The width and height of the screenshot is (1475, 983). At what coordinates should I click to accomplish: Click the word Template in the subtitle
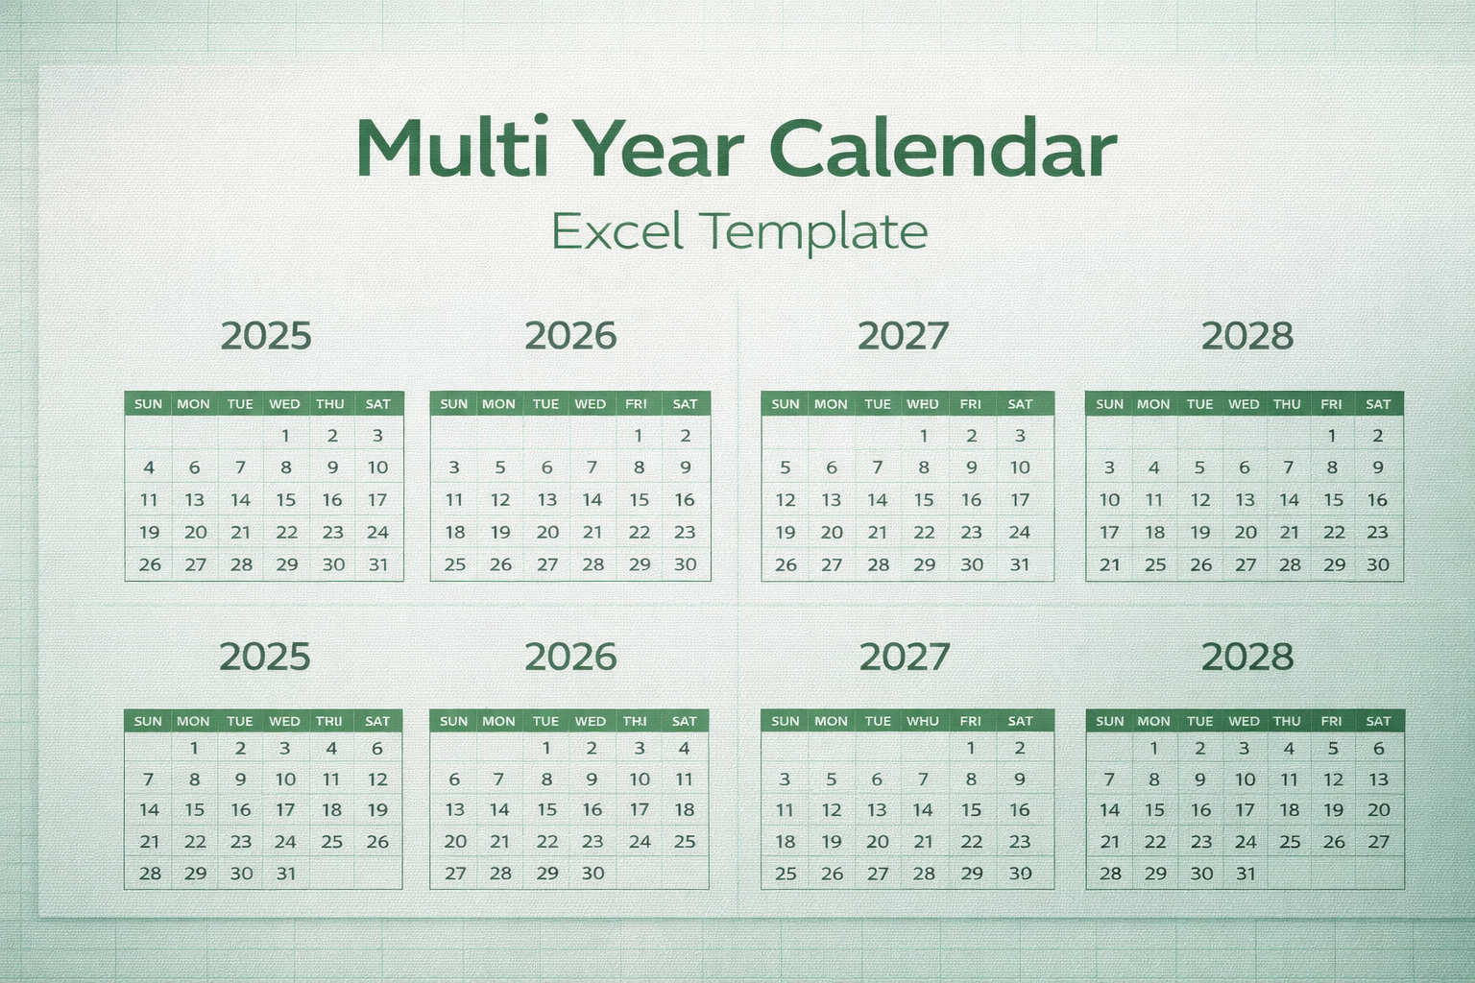[x=813, y=231]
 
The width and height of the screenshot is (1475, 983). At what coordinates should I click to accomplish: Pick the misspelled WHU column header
[x=923, y=721]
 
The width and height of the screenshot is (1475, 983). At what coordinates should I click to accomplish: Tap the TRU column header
[x=329, y=721]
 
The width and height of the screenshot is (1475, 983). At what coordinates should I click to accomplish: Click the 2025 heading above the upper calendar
[x=266, y=336]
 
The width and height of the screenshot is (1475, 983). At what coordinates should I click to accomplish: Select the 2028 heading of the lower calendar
[x=1247, y=658]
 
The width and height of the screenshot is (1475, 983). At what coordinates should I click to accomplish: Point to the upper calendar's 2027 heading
[x=903, y=336]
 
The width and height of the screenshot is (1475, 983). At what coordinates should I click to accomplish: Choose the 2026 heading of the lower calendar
[x=570, y=658]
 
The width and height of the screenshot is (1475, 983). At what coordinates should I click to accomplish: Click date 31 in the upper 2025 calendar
[x=378, y=564]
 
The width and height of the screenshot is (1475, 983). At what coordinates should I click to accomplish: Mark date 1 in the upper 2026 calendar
[x=638, y=436]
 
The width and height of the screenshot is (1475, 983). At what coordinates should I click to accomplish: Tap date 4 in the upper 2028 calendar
[x=1154, y=468]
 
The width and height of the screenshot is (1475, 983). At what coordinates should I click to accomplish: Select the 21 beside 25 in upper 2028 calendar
[x=1110, y=564]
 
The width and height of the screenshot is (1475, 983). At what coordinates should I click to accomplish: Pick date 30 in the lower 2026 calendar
[x=592, y=874]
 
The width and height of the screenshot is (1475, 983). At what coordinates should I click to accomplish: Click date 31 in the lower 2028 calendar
[x=1245, y=874]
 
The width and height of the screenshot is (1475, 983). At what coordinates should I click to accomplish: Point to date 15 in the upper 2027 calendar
[x=924, y=500]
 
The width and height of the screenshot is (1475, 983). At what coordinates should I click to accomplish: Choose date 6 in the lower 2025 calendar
[x=377, y=749]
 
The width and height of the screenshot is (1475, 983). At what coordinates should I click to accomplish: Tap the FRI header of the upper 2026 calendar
[x=636, y=404]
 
